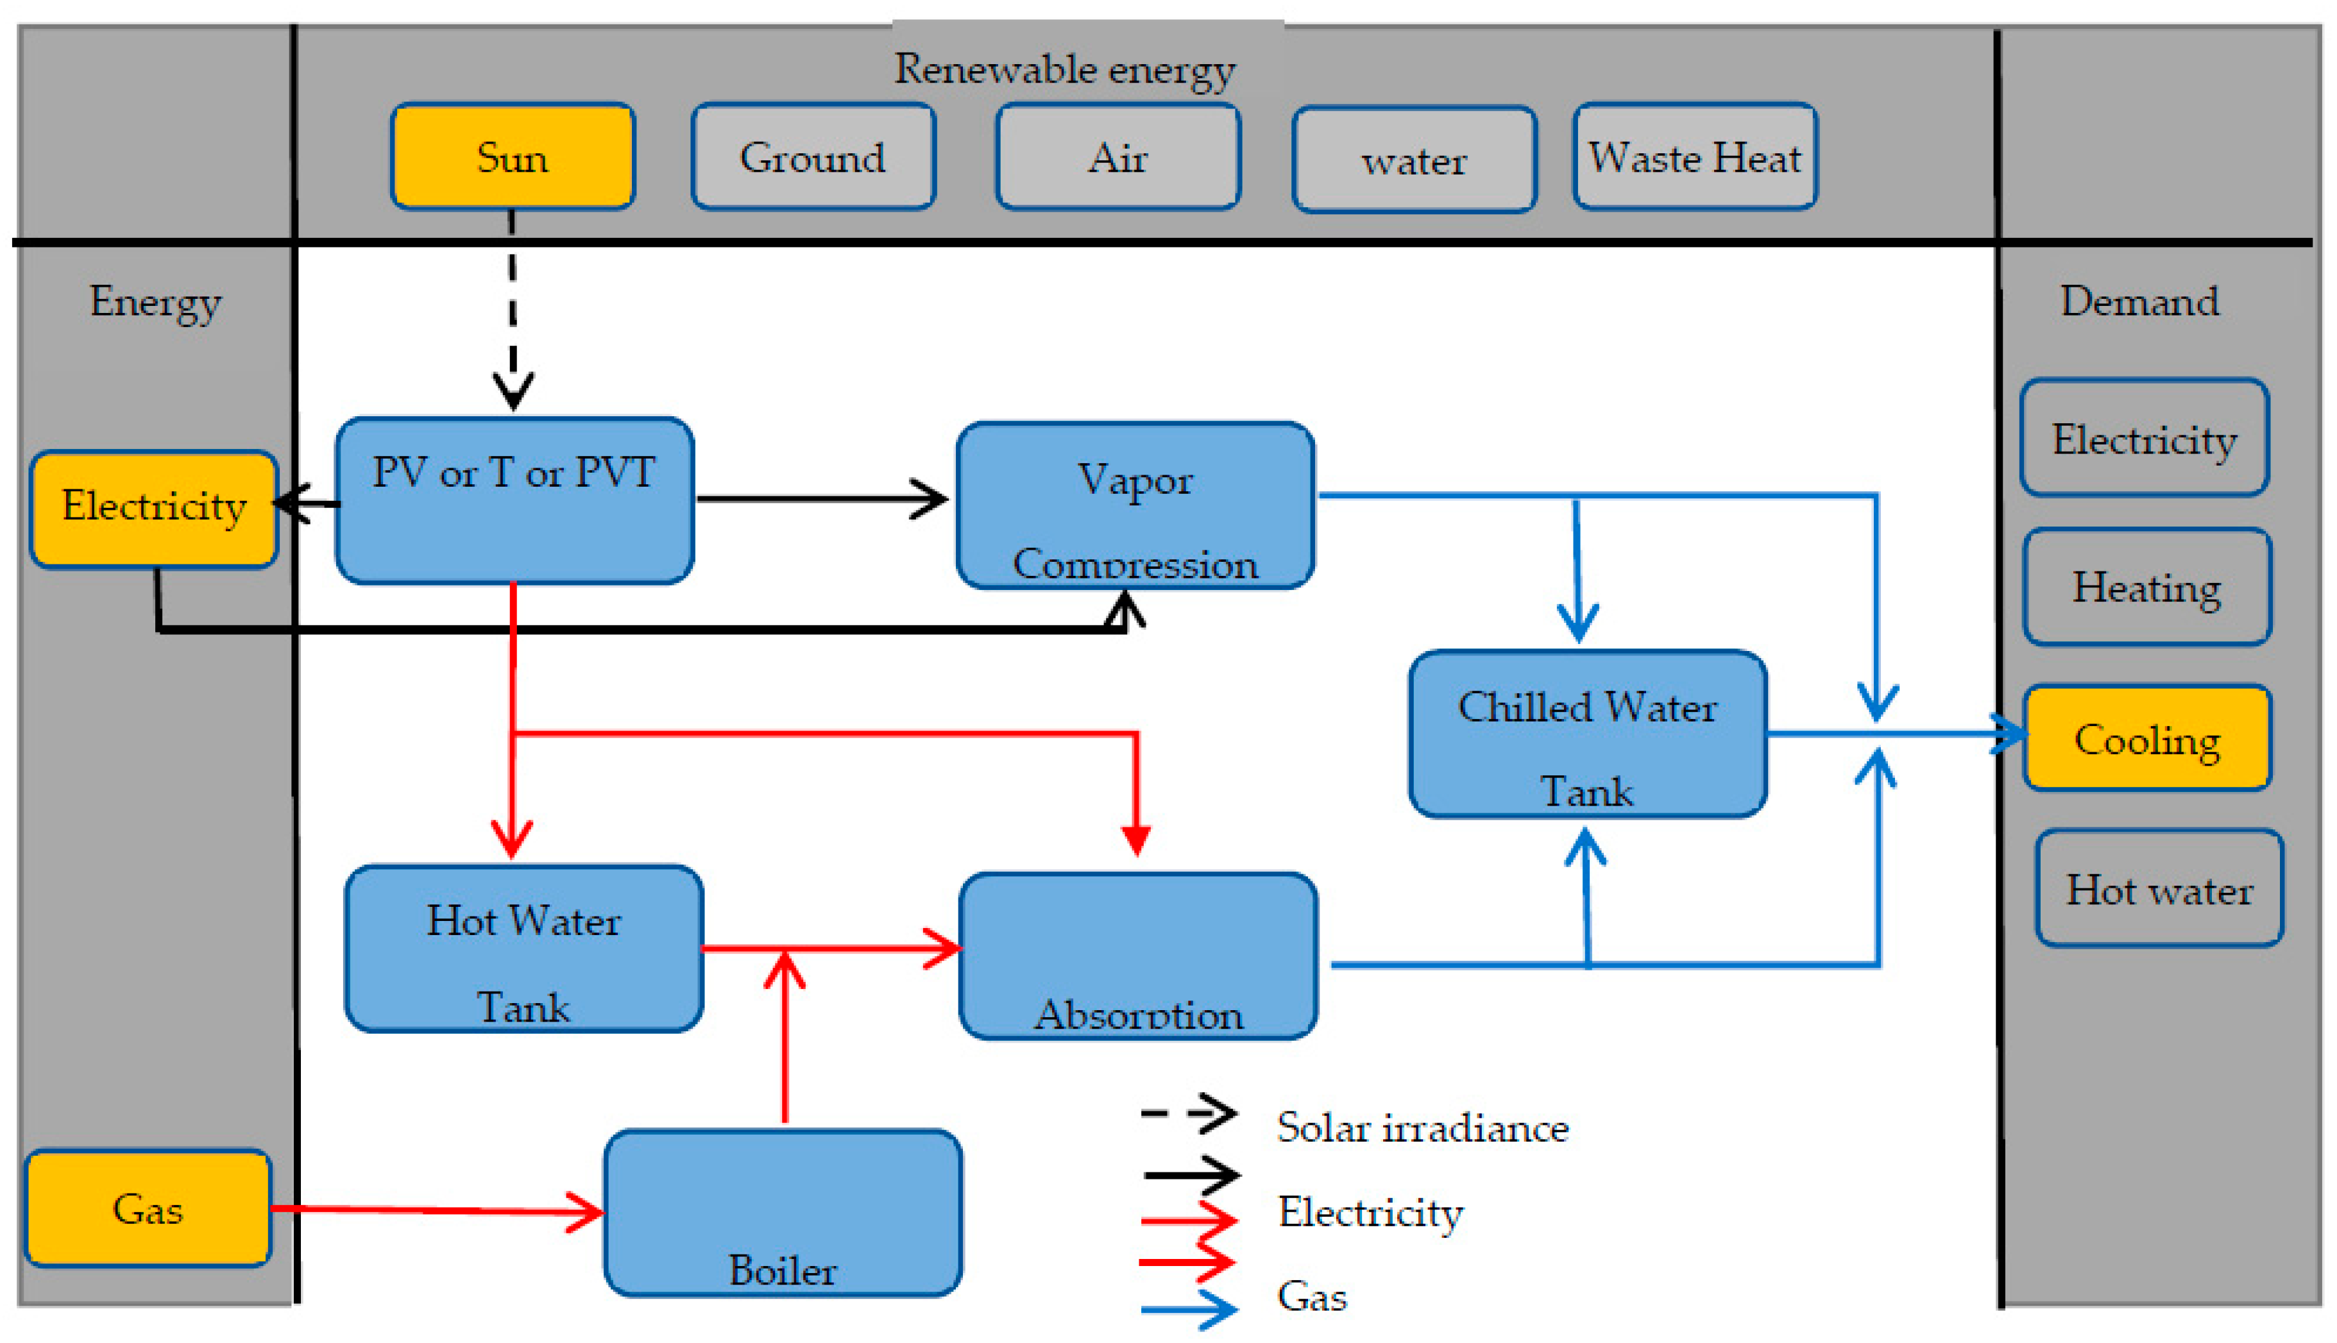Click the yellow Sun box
pyautogui.click(x=512, y=156)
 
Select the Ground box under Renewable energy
pyautogui.click(x=813, y=156)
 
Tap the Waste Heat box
pyautogui.click(x=1695, y=156)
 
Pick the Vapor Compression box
pyautogui.click(x=1135, y=505)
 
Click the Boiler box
pyautogui.click(x=783, y=1213)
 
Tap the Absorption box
pyautogui.click(x=1137, y=956)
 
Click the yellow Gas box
pyautogui.click(x=148, y=1208)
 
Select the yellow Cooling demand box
pyautogui.click(x=2147, y=738)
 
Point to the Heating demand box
pyautogui.click(x=2147, y=587)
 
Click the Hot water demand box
pyautogui.click(x=2159, y=889)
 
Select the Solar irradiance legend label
pyautogui.click(x=1422, y=1127)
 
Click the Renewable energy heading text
pyautogui.click(x=1064, y=69)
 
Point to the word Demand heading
pyautogui.click(x=2139, y=301)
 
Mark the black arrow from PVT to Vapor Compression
pyautogui.click(x=821, y=499)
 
